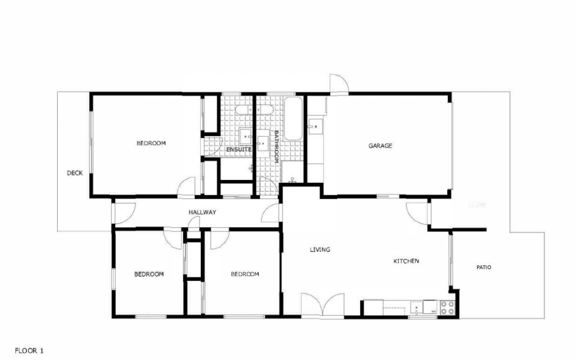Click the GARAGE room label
[380, 146]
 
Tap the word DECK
[75, 173]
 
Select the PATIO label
[484, 267]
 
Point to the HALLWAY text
[202, 212]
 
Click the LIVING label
[320, 250]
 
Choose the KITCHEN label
[406, 261]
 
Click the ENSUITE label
[238, 149]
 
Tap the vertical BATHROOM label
[276, 147]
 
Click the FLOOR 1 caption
[29, 351]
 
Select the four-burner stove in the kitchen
[447, 308]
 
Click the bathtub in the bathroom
[293, 118]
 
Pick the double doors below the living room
[323, 305]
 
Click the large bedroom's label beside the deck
[151, 143]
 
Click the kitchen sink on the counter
[417, 308]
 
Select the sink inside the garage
[315, 126]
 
